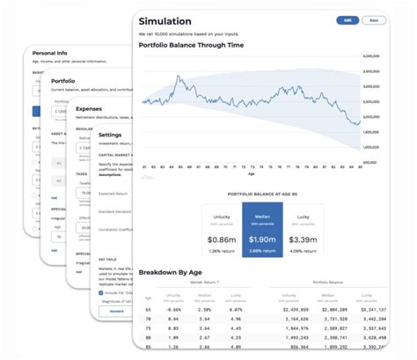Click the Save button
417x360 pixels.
click(373, 19)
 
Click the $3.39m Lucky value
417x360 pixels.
click(304, 239)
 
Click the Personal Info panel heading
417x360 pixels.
click(49, 54)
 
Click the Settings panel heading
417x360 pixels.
click(111, 134)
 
